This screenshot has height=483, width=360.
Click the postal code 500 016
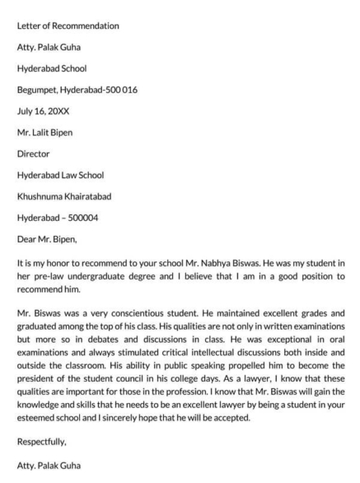(138, 89)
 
